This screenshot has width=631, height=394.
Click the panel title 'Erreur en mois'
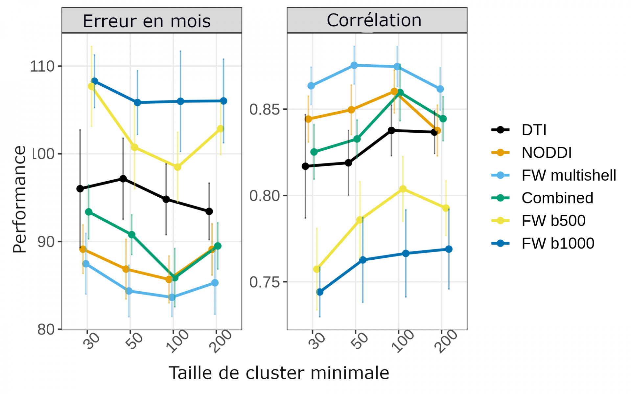pos(147,21)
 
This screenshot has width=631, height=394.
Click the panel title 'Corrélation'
pos(374,20)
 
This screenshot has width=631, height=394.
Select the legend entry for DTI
pos(534,130)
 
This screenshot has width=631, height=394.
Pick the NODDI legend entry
pos(547,153)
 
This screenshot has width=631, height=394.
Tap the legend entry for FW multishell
pos(569,175)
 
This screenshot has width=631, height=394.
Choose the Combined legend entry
pos(557,198)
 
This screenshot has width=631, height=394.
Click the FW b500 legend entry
pos(553,221)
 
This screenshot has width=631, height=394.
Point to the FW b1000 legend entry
pos(558,243)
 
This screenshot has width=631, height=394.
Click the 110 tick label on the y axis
pos(42,66)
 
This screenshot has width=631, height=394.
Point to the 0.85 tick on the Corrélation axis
pos(264,109)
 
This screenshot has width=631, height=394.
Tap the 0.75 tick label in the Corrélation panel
pos(264,282)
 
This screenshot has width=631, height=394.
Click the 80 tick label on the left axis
pos(46,329)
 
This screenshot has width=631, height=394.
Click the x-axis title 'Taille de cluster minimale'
pos(279,373)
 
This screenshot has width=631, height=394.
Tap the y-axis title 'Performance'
pos(20,199)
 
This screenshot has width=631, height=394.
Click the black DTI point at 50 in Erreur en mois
pos(123,179)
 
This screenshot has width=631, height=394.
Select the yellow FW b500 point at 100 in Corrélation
pos(403,189)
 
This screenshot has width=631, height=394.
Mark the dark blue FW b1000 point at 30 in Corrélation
pos(320,292)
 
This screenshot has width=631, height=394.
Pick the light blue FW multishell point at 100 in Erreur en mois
pos(172,297)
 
